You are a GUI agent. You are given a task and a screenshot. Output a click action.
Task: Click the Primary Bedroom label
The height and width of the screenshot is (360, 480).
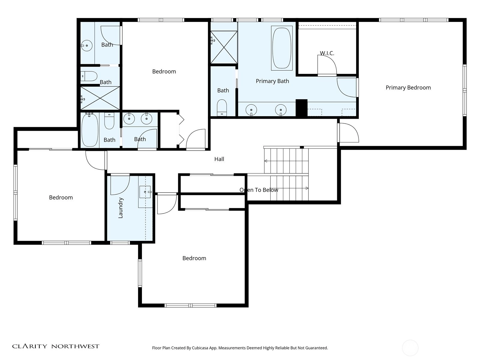pyautogui.click(x=408, y=88)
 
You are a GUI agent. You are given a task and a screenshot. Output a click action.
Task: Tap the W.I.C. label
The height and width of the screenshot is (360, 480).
pyautogui.click(x=327, y=53)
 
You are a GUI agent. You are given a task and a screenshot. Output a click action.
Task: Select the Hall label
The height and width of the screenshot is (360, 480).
pyautogui.click(x=219, y=159)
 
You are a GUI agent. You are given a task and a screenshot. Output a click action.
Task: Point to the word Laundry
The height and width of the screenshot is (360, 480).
pyautogui.click(x=121, y=208)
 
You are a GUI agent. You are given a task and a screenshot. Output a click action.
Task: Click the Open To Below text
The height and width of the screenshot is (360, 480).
pyautogui.click(x=259, y=190)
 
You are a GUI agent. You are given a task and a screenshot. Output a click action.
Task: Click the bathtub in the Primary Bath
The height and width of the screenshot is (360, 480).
pyautogui.click(x=282, y=48)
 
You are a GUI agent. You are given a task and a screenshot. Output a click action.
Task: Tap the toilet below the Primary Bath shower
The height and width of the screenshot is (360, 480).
pyautogui.click(x=222, y=107)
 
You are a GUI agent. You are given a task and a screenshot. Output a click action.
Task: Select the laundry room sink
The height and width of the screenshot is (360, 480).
pyautogui.click(x=145, y=192)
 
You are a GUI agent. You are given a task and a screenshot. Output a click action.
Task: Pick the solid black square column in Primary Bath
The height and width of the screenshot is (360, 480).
pyautogui.click(x=301, y=108)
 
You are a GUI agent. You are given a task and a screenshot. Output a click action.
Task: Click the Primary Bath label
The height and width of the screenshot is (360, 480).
pyautogui.click(x=272, y=81)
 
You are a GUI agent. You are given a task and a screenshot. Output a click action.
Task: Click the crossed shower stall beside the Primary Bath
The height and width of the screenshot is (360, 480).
pyautogui.click(x=224, y=47)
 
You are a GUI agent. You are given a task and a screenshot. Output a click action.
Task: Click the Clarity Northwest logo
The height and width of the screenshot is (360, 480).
pyautogui.click(x=55, y=346)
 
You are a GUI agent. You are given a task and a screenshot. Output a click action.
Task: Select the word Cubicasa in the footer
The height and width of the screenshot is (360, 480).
pyautogui.click(x=200, y=348)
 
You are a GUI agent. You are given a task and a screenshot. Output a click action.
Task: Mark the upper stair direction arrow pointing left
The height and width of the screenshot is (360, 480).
pyautogui.click(x=266, y=161)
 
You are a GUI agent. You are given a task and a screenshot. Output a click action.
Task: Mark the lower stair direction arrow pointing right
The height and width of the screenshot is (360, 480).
pyautogui.click(x=307, y=188)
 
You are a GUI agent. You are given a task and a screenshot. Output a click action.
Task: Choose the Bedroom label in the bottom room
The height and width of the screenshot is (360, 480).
pyautogui.click(x=194, y=258)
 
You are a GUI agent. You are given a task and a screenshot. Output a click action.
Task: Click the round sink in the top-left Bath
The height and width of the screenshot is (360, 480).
pyautogui.click(x=87, y=46)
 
